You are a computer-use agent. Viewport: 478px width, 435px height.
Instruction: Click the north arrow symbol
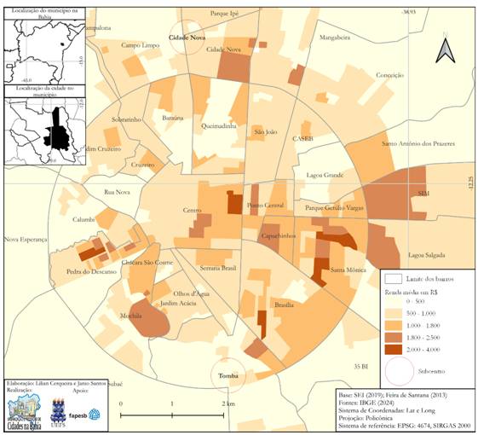446,50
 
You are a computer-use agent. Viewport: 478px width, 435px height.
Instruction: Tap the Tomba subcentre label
227,376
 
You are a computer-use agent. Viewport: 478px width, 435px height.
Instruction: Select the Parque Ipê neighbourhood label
224,14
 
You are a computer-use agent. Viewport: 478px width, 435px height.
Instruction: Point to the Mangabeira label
334,38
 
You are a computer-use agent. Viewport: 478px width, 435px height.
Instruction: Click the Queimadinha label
218,125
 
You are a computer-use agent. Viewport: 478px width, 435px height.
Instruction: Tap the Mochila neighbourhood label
131,316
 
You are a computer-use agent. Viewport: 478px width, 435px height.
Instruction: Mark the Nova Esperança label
23,240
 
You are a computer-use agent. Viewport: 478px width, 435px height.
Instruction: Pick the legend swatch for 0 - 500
393,301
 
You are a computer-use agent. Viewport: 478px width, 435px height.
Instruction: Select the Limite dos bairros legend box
393,278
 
